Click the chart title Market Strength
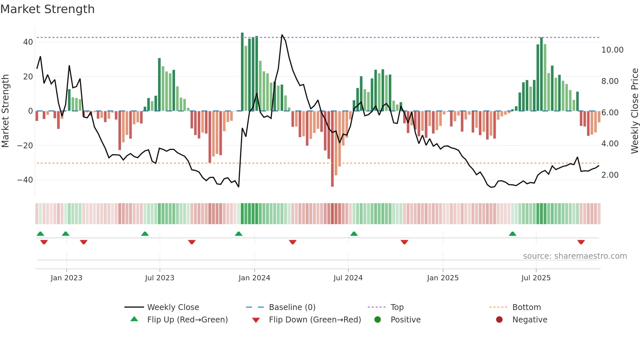47,9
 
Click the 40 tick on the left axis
28,42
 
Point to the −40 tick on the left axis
25,180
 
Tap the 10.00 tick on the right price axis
612,50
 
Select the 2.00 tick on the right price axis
610,175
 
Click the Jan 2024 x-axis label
254,278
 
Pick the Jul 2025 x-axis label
536,278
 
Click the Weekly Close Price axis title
634,111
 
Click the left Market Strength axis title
6,111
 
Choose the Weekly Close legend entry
173,307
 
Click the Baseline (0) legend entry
292,307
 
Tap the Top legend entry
397,307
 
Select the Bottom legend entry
526,307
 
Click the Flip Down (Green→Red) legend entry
314,320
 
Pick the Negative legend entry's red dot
499,320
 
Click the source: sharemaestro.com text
575,256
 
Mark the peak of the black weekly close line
282,35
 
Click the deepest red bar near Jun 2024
332,149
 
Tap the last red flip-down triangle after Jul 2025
581,242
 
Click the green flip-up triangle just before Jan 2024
239,234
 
